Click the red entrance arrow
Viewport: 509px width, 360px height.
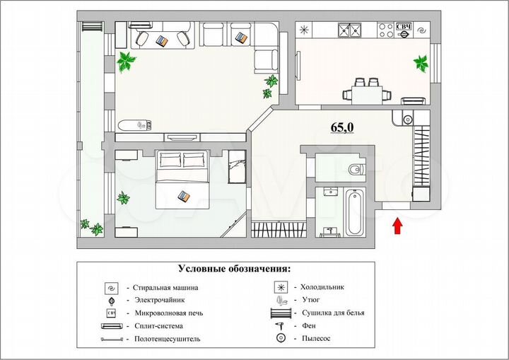(397, 226)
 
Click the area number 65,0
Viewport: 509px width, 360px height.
(343, 127)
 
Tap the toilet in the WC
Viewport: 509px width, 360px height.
(355, 169)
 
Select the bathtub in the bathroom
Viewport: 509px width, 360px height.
(355, 211)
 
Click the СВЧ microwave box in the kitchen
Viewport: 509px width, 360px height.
(404, 29)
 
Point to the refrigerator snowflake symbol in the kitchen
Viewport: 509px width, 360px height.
(305, 30)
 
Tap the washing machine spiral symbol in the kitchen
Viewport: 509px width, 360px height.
(423, 30)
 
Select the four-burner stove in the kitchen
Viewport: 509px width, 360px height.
(385, 30)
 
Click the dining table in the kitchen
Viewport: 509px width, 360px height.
(367, 92)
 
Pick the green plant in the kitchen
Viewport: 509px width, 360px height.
(421, 63)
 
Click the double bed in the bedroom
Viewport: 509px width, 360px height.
(182, 180)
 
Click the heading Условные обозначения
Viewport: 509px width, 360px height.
(234, 269)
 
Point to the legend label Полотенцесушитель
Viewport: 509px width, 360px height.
(168, 339)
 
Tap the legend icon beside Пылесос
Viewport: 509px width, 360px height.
(281, 339)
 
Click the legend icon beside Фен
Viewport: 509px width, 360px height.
(281, 325)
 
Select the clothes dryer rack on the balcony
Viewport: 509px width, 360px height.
(92, 28)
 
